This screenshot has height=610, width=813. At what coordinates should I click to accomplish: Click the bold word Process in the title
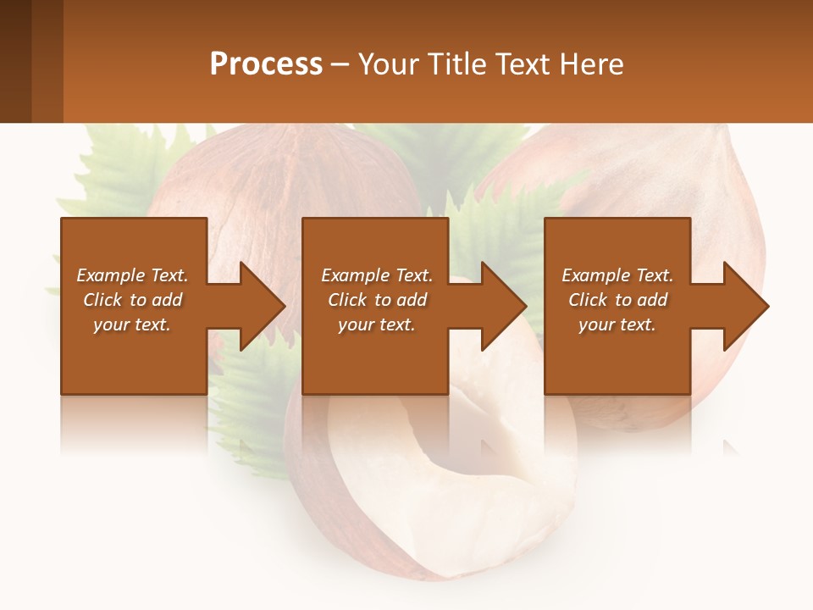(266, 64)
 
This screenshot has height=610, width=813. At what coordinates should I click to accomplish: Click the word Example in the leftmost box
(111, 275)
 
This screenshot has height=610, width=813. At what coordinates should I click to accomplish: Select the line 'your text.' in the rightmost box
(617, 324)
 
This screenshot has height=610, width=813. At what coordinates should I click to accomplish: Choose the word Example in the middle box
(355, 275)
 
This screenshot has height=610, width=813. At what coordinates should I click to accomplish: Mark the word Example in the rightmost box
(596, 275)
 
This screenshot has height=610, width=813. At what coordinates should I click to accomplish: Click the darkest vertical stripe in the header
(15, 61)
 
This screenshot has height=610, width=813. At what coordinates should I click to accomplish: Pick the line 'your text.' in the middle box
(376, 324)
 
